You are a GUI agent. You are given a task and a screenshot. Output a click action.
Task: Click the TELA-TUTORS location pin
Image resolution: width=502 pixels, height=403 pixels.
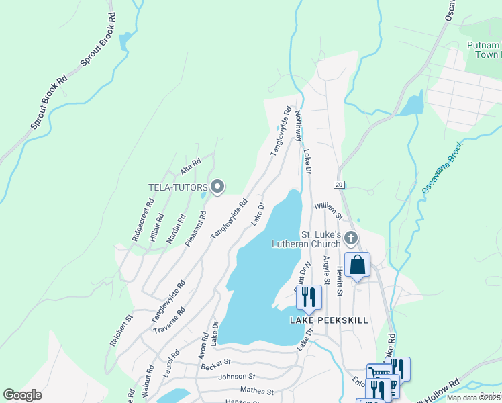pos(217,187)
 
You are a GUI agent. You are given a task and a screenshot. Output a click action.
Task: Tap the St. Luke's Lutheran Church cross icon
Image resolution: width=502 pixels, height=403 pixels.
pos(350,238)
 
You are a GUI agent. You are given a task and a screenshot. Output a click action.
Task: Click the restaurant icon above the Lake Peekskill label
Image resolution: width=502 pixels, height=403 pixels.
pos(308,297)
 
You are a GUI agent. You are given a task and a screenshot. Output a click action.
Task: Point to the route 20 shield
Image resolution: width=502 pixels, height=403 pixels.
pos(339,184)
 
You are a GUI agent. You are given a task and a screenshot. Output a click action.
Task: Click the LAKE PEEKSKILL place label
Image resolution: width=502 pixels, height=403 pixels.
pos(329,320)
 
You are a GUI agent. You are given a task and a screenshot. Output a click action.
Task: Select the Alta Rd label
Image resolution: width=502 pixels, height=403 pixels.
pos(191,165)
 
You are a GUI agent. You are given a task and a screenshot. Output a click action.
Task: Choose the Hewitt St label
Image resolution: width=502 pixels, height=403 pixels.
pos(340,280)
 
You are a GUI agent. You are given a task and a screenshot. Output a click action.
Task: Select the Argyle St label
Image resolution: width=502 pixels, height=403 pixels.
pos(327,270)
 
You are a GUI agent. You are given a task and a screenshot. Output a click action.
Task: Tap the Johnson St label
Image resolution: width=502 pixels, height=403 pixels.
pos(238,377)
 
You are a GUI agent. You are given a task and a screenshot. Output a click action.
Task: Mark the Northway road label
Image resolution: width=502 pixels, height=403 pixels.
pos(298,126)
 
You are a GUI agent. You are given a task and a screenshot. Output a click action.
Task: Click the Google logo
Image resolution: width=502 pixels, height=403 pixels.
pos(22,395)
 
